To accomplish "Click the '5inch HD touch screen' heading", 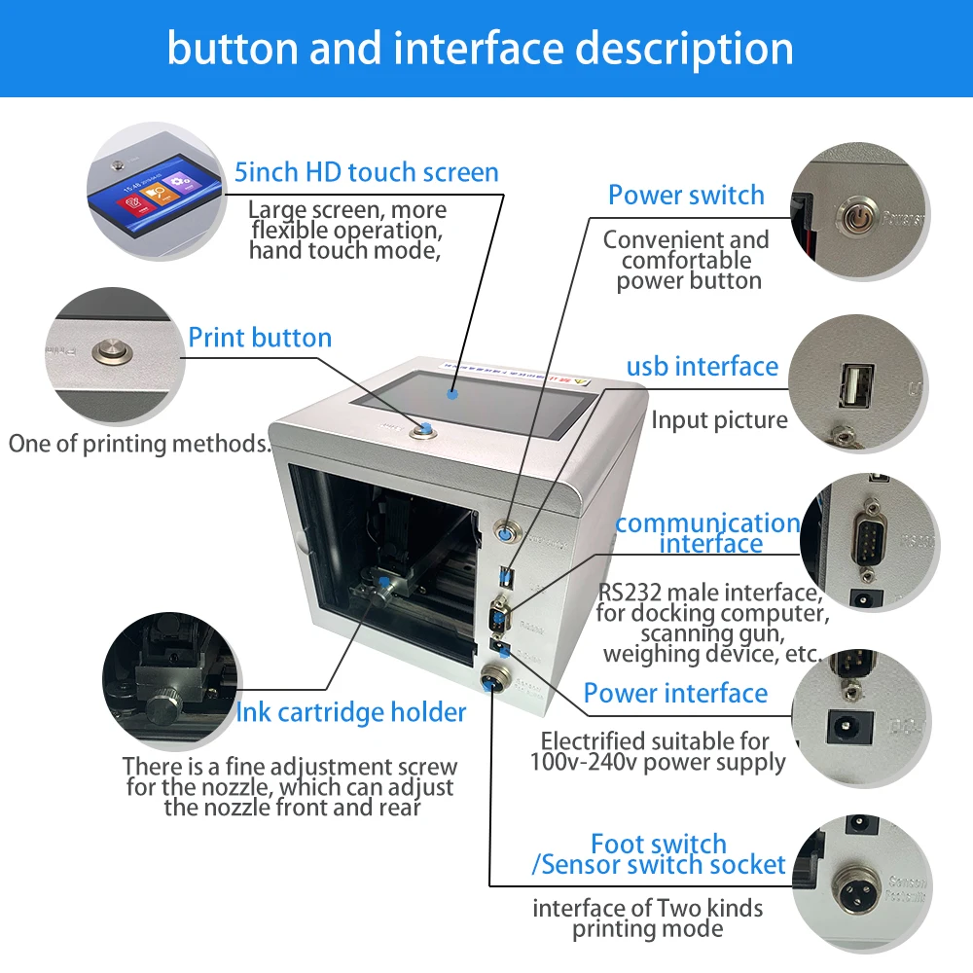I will pyautogui.click(x=366, y=173).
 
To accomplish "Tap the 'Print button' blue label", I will pyautogui.click(x=260, y=338).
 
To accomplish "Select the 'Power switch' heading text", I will pyautogui.click(x=686, y=195).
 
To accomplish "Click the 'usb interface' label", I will pyautogui.click(x=702, y=366).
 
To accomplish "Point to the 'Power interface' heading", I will pyautogui.click(x=675, y=693).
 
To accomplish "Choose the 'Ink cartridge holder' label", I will pyautogui.click(x=350, y=712).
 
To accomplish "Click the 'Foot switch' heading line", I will pyautogui.click(x=659, y=843).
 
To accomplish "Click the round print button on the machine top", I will pyautogui.click(x=423, y=429).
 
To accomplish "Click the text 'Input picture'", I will pyautogui.click(x=719, y=420).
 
